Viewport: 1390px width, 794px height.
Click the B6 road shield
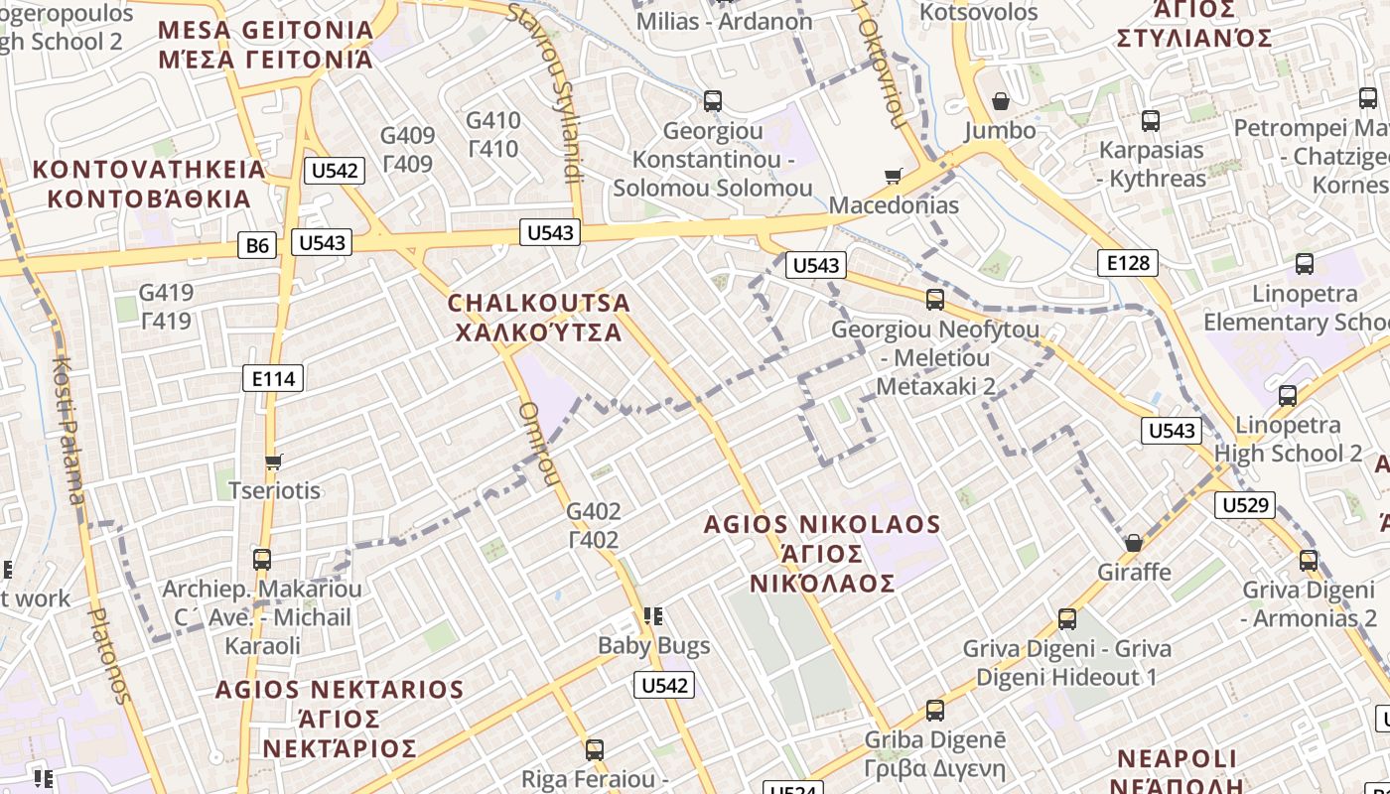257,244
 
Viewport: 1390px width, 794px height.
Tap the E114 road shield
273,378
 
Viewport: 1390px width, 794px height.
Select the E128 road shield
1128,262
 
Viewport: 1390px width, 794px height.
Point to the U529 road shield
1245,505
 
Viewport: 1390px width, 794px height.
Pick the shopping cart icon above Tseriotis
274,462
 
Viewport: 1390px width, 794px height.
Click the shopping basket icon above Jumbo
1001,101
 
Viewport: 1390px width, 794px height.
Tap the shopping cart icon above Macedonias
894,177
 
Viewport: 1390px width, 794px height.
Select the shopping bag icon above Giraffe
1134,543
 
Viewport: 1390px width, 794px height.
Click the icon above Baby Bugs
653,616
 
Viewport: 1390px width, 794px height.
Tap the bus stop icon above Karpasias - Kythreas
1151,121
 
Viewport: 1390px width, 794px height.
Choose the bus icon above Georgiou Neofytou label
934,300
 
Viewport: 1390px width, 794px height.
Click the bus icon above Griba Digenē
934,711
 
